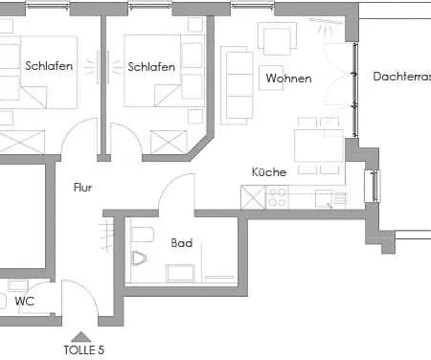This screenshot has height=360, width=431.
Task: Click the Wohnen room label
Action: [288, 78]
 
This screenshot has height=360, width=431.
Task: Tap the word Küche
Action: [268, 172]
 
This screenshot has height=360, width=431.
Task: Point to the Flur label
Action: [83, 188]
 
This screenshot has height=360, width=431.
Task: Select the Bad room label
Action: [182, 243]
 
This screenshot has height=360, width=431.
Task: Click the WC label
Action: [24, 301]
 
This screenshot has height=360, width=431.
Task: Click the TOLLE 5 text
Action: [83, 349]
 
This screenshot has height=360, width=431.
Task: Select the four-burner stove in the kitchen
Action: [279, 198]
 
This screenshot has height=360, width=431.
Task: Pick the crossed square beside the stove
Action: [253, 198]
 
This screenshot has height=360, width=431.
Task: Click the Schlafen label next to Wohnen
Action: [150, 67]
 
